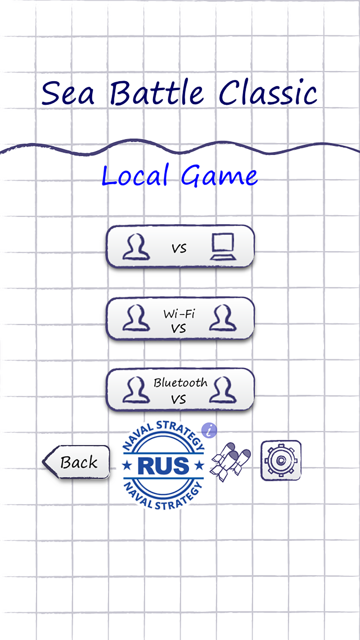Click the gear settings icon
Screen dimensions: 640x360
point(281,461)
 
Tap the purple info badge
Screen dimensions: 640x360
point(209,430)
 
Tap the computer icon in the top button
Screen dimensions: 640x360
point(223,247)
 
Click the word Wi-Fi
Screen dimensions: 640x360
point(179,314)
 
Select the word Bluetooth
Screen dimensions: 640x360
point(180,383)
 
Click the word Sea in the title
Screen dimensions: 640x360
point(68,93)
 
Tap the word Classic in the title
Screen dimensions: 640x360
point(268,93)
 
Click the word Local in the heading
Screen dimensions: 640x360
point(135,176)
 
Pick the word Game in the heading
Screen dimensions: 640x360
point(219,176)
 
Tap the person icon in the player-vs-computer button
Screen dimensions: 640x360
point(136,247)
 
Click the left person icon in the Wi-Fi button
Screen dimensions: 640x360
point(136,318)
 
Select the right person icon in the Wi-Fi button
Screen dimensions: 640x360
point(223,318)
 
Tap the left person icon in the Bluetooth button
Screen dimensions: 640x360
point(136,390)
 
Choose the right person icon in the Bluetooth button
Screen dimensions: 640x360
point(223,390)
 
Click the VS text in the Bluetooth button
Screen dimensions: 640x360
point(179,400)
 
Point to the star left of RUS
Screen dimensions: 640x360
point(127,466)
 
